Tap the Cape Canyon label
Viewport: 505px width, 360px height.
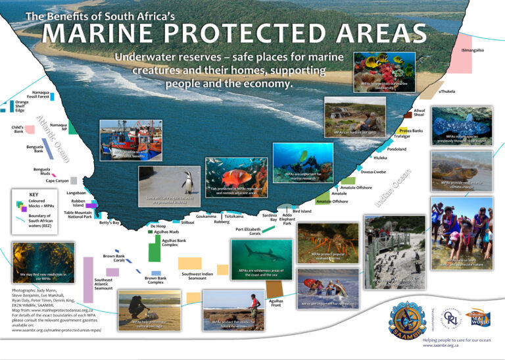click(x=57, y=180)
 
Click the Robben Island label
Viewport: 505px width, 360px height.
click(x=78, y=203)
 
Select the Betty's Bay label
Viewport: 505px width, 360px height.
click(x=109, y=222)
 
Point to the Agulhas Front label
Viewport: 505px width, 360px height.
click(x=276, y=303)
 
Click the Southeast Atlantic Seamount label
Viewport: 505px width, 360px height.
click(x=103, y=284)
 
